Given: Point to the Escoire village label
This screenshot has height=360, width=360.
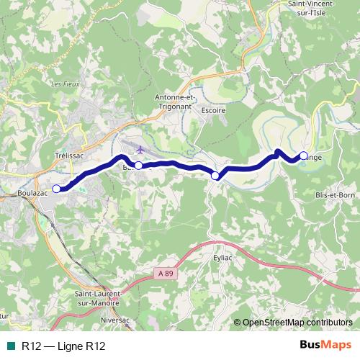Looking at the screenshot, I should tap(214, 110).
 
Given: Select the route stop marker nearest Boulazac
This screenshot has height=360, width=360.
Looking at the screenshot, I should tap(57, 189).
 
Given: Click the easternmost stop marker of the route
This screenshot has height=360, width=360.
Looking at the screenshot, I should tap(303, 155).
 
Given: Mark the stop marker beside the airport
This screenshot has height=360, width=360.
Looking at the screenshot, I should tap(139, 165).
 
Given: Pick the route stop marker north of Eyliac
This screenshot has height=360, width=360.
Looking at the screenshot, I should tap(215, 176).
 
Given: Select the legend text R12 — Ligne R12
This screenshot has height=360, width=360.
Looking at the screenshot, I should tap(63, 346).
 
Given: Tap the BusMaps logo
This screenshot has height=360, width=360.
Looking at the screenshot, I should tap(325, 346).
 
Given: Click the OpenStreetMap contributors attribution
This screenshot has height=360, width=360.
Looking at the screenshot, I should tap(297, 322).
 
